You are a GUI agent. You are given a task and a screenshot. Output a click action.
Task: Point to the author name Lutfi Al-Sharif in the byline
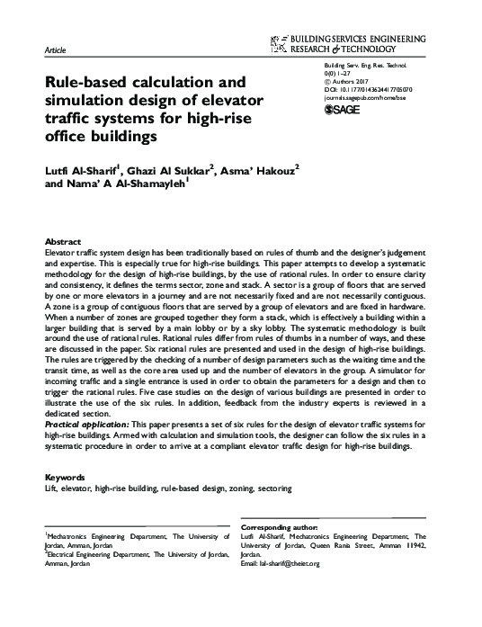(x=79, y=171)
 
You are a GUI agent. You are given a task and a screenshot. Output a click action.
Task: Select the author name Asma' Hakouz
(x=262, y=171)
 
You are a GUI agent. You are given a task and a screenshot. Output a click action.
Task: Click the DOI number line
(x=361, y=91)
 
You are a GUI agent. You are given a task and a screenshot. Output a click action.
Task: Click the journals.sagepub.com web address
(x=361, y=99)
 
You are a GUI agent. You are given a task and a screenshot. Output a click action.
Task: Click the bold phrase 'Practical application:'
(x=86, y=422)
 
